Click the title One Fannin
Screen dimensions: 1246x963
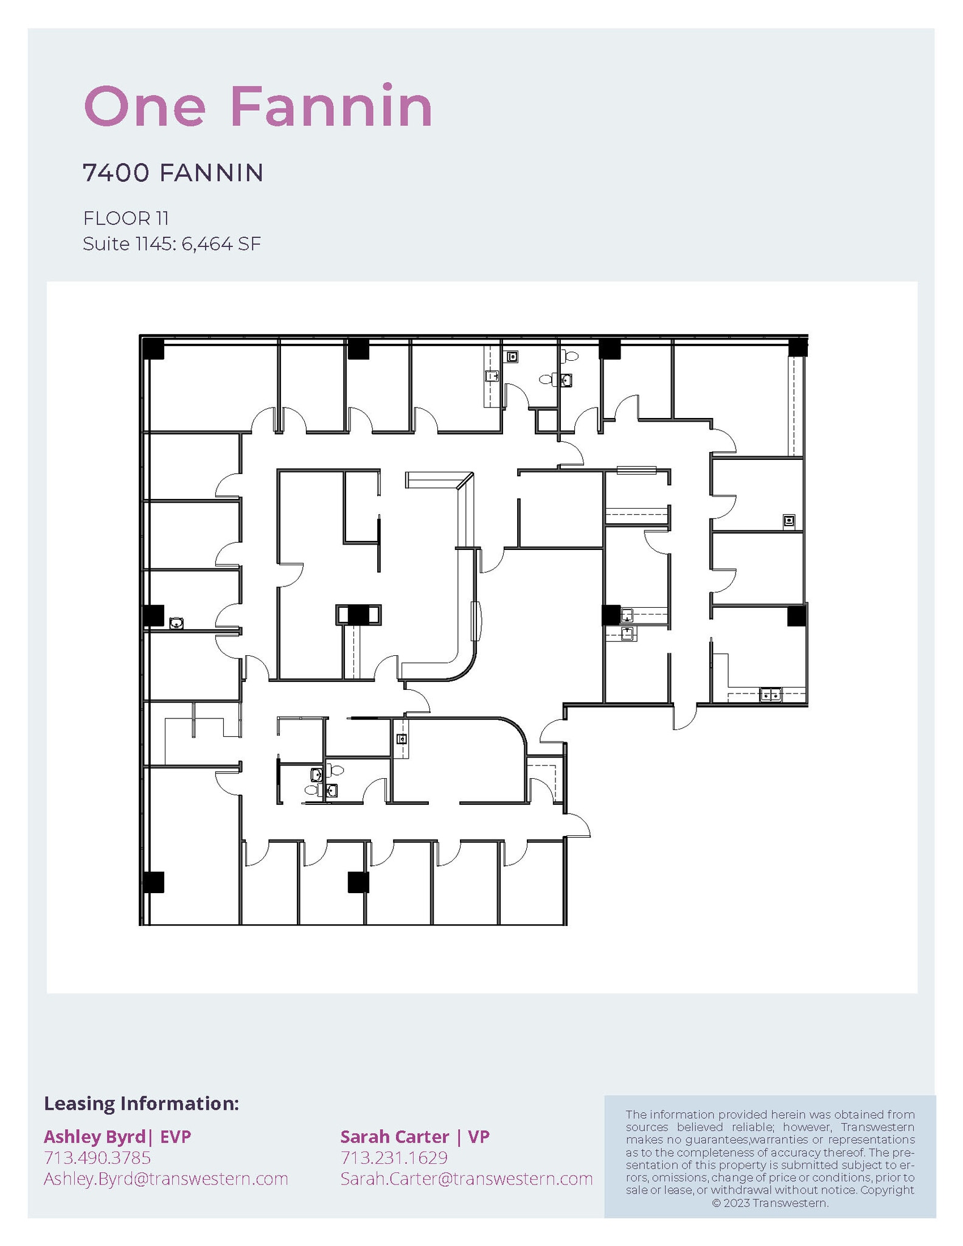[x=258, y=107]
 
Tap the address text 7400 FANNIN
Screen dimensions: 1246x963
[x=173, y=173]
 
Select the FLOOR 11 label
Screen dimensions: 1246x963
[x=126, y=218]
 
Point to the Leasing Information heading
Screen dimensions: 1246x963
[x=141, y=1103]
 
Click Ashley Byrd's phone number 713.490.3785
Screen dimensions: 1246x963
[x=97, y=1157]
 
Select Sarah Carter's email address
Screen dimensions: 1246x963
[x=467, y=1178]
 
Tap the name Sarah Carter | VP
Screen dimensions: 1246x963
[x=415, y=1136]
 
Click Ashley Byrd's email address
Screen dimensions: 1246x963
[x=165, y=1178]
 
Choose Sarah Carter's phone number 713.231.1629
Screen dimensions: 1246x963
[x=394, y=1157]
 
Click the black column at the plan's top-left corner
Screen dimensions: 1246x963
[x=153, y=349]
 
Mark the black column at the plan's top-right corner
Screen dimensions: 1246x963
[x=798, y=348]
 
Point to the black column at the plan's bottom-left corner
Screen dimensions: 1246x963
[x=153, y=882]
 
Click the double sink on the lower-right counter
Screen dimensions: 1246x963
[x=771, y=694]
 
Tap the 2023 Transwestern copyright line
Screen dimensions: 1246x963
[x=770, y=1203]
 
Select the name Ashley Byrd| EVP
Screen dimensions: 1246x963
[x=117, y=1136]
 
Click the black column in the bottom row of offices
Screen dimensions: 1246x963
[x=358, y=882]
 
